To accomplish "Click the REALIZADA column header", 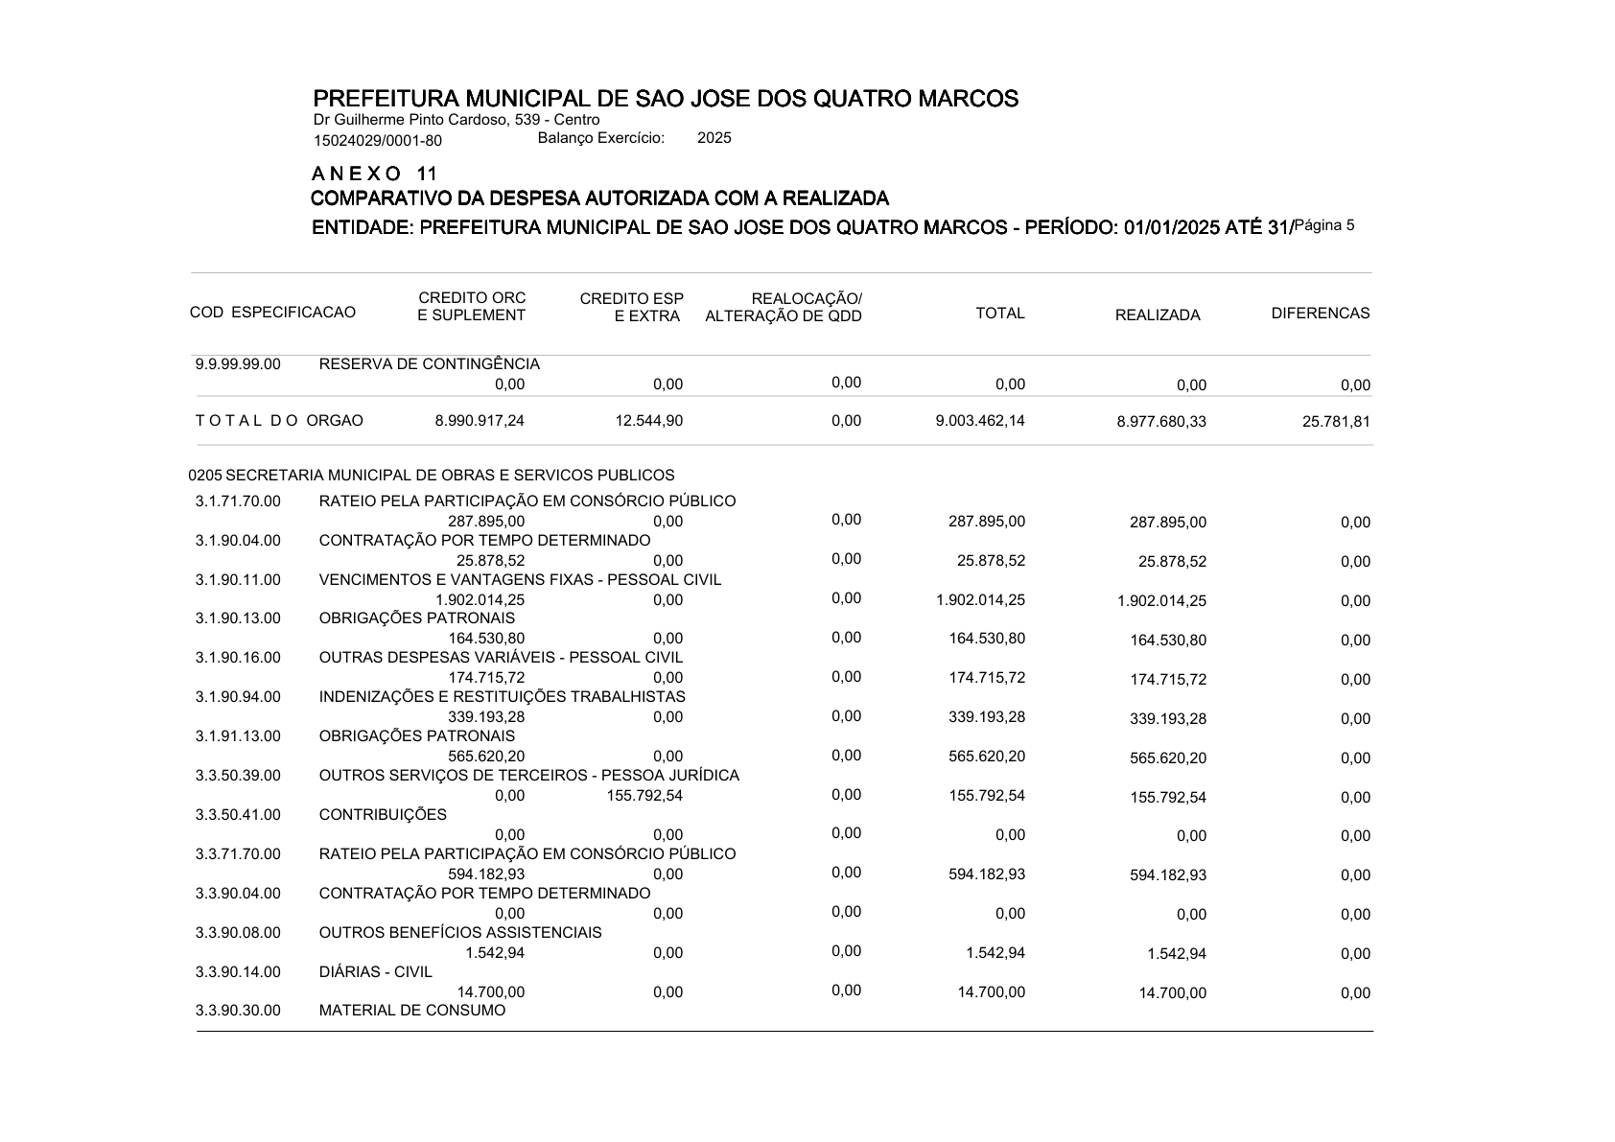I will (1157, 315).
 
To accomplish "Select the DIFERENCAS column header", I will (1320, 314).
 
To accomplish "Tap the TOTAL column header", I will (999, 314).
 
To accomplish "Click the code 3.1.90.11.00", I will (238, 580).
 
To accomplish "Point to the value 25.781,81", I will (1336, 422).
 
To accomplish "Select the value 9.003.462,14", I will (980, 421).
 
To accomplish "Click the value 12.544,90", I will (649, 421).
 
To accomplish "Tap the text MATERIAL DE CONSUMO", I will (411, 1011).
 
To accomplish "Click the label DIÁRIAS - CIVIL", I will (375, 972).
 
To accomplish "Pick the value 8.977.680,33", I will (1161, 422).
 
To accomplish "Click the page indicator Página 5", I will (1324, 225).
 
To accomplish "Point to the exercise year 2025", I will (714, 138).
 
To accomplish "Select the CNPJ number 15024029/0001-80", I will (377, 141).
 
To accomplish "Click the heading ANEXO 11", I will (374, 175).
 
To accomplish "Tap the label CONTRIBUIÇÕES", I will (383, 815).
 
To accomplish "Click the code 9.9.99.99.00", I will (238, 364).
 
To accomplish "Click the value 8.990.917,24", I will (480, 421).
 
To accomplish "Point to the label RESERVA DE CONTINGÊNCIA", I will (429, 364).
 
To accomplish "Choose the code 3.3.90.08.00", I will (238, 933).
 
